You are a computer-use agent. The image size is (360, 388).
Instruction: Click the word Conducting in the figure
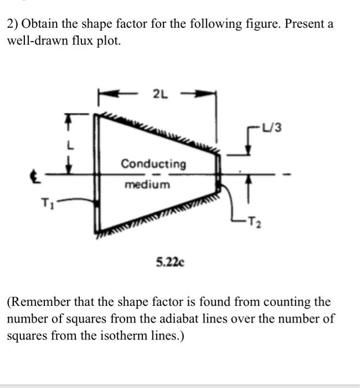[x=153, y=164]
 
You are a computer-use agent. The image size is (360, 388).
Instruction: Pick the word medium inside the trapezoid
[x=147, y=184]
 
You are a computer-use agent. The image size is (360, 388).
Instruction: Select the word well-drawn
[x=34, y=41]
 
